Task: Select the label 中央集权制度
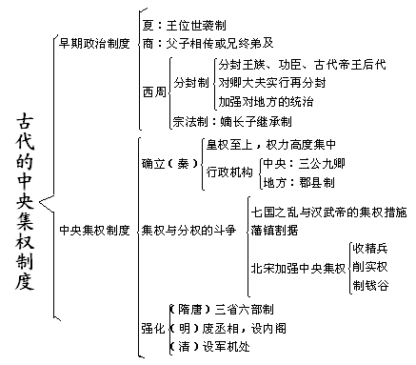pos(94,230)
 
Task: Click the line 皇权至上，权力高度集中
pos(272,144)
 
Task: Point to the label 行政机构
pos(229,173)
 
